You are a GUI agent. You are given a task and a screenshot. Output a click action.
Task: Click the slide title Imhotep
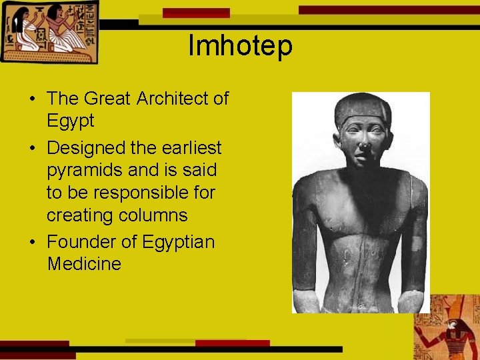tap(240, 46)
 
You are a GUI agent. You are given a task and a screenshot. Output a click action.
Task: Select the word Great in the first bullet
tap(108, 99)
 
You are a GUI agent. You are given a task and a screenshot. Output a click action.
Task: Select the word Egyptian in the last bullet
tap(179, 241)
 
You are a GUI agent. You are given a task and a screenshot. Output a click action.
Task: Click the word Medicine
tap(84, 264)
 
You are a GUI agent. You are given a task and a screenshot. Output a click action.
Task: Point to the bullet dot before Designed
tap(33, 147)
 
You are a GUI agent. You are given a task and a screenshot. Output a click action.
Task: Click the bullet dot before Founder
tap(33, 241)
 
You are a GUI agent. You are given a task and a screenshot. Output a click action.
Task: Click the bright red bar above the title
tap(196, 13)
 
